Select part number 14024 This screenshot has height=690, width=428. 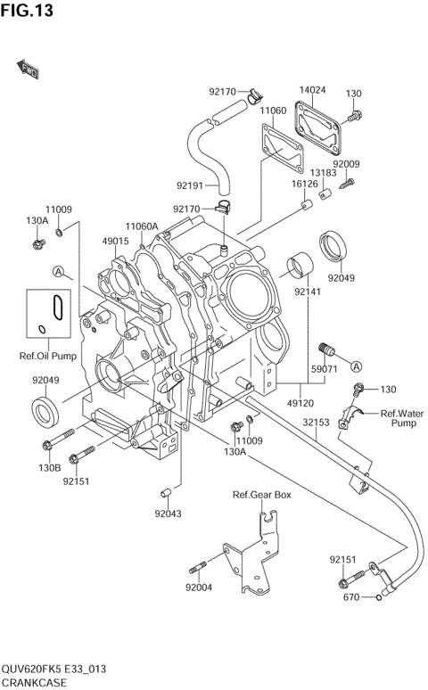click(x=312, y=91)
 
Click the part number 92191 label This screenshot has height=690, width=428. click(x=190, y=185)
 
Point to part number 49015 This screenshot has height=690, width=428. click(x=115, y=241)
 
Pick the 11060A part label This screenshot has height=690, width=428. click(x=141, y=226)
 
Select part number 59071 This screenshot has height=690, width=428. click(x=323, y=368)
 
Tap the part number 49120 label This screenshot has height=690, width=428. click(x=299, y=403)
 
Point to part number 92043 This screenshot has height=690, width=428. click(x=167, y=513)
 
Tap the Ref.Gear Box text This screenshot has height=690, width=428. click(x=262, y=495)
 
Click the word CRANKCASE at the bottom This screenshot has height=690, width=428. click(x=36, y=682)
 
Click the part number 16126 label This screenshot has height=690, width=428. click(x=304, y=184)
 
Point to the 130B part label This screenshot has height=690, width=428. click(x=48, y=466)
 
